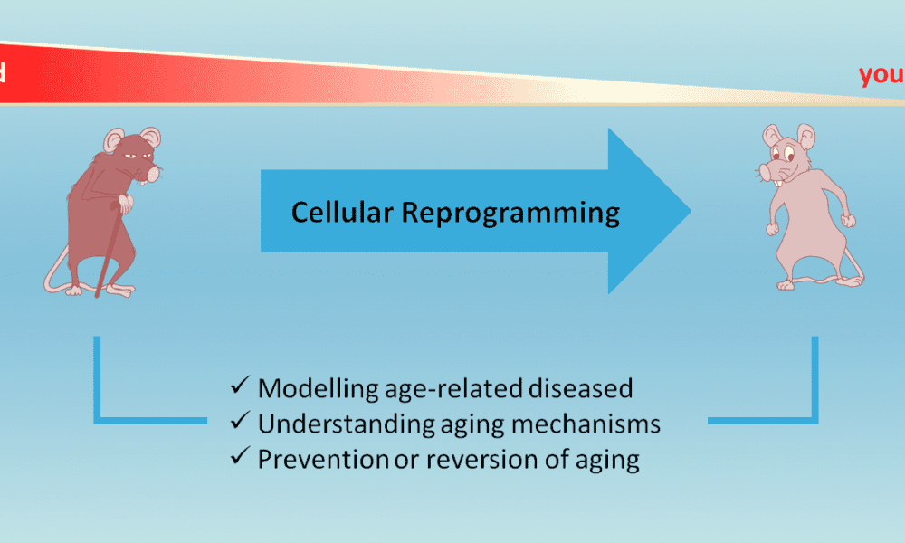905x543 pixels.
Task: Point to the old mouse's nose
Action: [x=154, y=171]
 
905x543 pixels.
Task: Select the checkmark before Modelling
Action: [x=241, y=386]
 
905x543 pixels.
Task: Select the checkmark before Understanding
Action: [x=241, y=423]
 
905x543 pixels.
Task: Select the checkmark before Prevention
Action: [x=241, y=458]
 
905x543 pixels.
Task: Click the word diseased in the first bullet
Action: [x=579, y=388]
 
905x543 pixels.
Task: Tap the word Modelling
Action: [x=311, y=388]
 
